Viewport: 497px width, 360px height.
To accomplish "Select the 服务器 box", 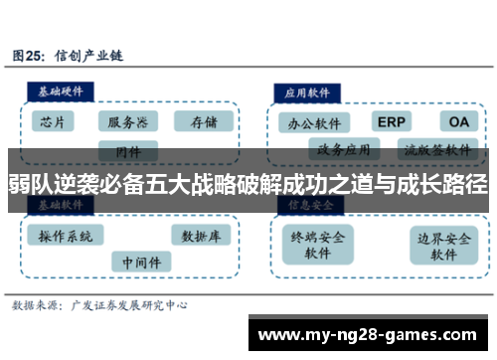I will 128,122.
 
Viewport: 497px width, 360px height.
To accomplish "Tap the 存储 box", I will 203,122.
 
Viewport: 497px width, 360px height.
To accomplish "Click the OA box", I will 457,121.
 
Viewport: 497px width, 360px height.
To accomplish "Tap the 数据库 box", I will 202,236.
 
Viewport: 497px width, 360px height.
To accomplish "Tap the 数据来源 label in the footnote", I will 39,305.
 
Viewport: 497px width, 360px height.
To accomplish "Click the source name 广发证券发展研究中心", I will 131,305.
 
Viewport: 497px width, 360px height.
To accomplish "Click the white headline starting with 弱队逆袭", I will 248,183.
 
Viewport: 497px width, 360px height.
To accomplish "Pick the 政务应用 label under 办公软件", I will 344,150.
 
